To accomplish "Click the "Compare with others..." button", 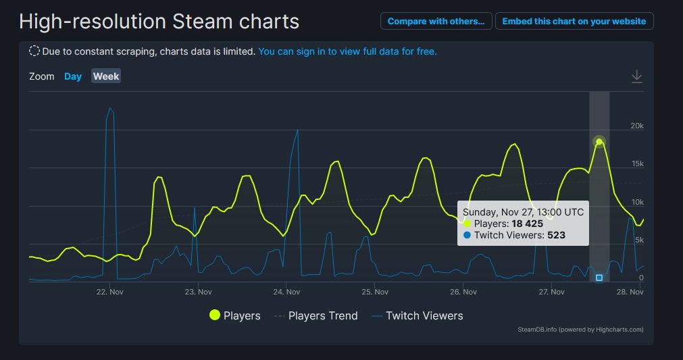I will [436, 21].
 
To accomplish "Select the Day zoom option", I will [73, 76].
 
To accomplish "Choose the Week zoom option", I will [106, 76].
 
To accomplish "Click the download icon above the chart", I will [636, 76].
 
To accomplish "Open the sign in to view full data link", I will [347, 51].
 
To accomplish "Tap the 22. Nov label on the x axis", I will [109, 292].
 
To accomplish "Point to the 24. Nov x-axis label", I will [286, 292].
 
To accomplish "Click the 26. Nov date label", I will [463, 292].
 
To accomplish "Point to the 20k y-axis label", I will [636, 126].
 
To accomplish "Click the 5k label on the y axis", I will [638, 240].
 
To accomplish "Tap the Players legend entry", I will [234, 315].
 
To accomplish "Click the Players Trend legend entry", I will [315, 315].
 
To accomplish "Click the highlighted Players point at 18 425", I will [599, 142].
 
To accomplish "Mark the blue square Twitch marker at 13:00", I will [599, 278].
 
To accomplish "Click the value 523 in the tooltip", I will [556, 235].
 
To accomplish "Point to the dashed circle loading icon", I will [34, 51].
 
